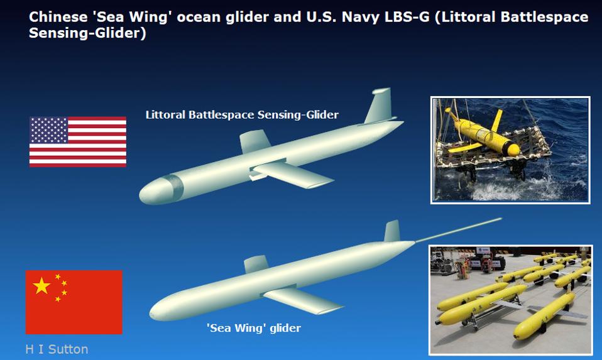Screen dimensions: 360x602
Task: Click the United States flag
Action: tap(77, 141)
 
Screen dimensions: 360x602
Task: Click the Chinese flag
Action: tap(74, 302)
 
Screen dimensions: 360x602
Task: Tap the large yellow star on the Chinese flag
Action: tap(41, 286)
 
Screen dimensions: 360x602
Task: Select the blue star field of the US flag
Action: tap(48, 130)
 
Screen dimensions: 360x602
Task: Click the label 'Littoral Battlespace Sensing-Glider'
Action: tap(242, 115)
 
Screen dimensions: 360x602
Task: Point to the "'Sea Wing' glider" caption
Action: tap(254, 328)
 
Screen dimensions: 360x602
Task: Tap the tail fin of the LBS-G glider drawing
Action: tap(379, 106)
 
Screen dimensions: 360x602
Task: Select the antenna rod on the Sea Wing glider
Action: tap(459, 230)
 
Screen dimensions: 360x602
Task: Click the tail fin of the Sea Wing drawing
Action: tap(391, 231)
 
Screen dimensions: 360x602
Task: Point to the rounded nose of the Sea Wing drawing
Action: tap(160, 308)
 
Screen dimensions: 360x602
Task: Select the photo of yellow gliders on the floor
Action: tap(510, 300)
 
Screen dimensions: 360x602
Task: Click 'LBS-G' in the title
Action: tap(413, 17)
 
